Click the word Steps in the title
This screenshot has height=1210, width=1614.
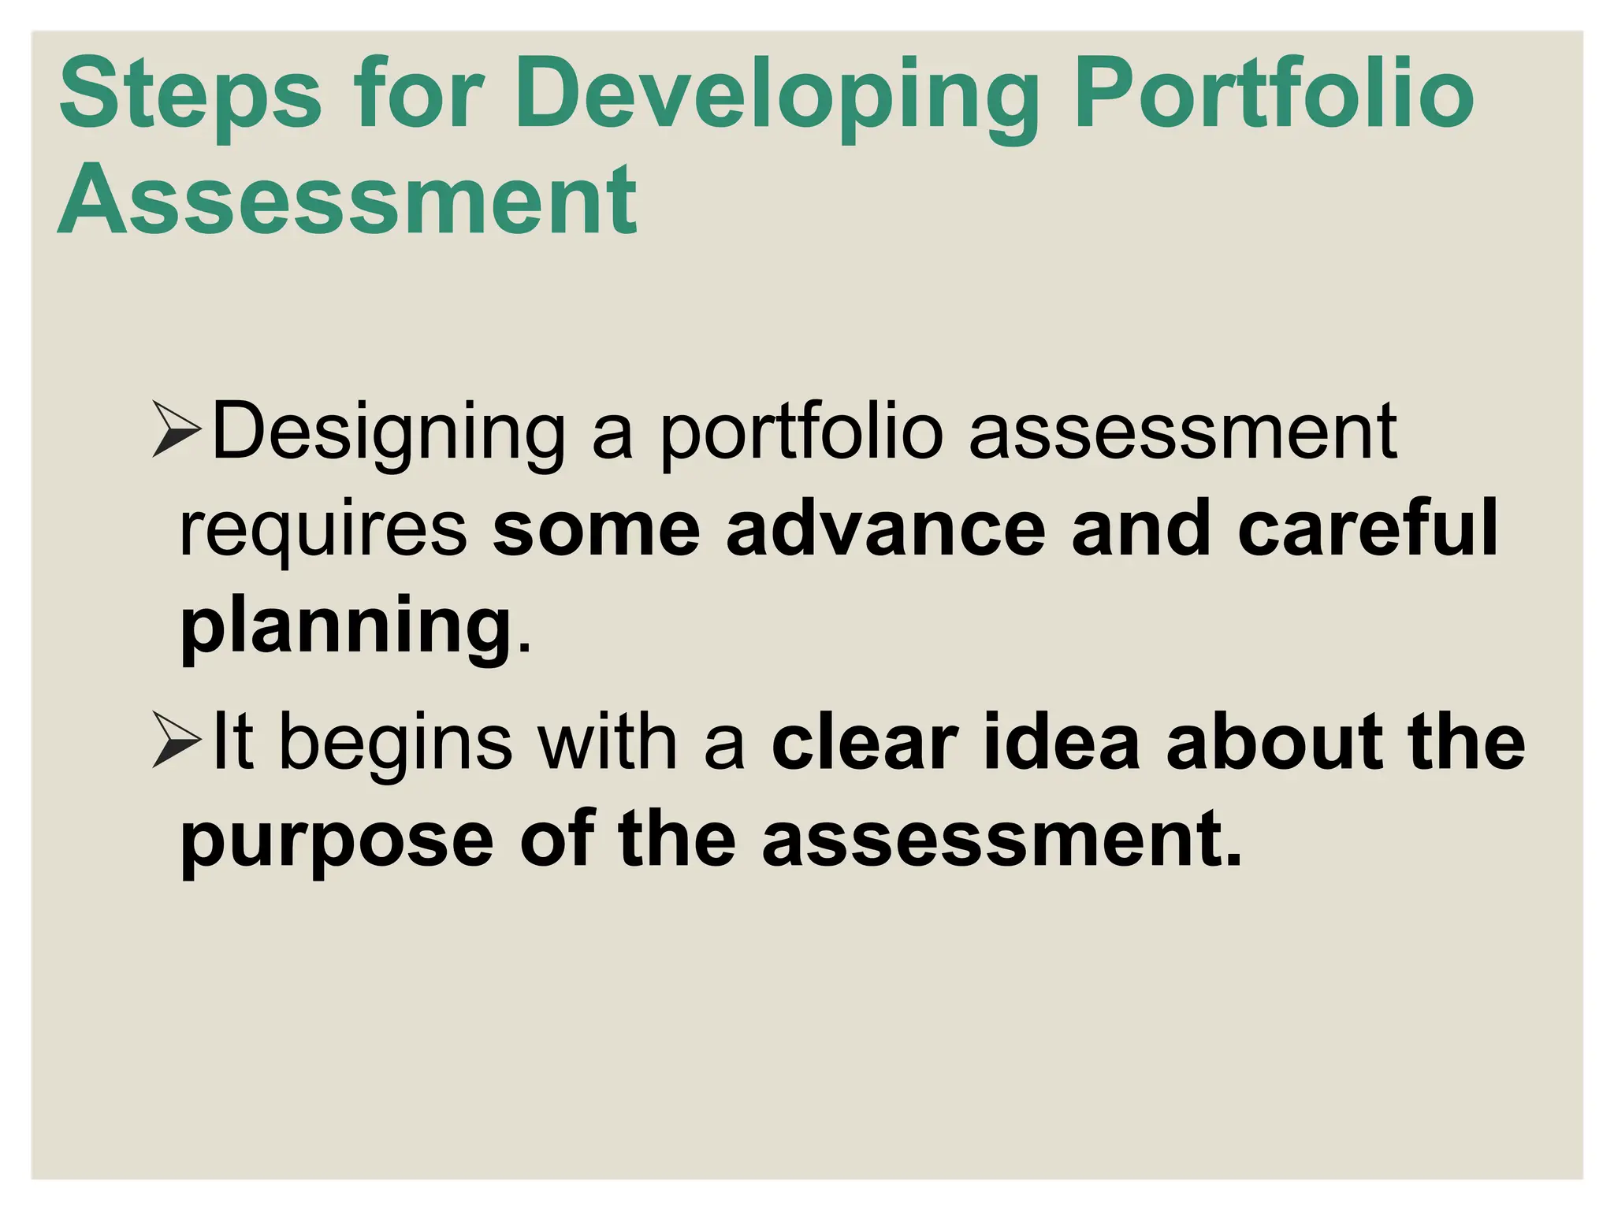click(x=189, y=95)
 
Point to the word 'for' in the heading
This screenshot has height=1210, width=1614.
click(x=418, y=95)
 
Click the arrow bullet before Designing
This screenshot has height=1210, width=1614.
click(x=177, y=429)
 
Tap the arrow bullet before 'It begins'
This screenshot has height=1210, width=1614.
click(x=177, y=740)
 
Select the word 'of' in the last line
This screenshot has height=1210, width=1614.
click(x=556, y=838)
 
